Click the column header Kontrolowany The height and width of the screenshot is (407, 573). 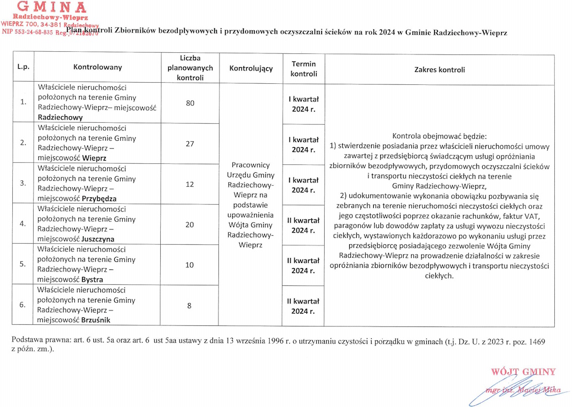coord(98,67)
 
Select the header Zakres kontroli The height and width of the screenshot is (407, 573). coord(439,69)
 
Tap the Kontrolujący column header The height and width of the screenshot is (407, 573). coord(250,68)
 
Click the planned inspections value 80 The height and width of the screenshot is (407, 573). coord(190,103)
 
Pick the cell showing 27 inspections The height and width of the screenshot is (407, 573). coord(190,144)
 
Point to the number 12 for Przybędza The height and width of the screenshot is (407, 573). coord(190,185)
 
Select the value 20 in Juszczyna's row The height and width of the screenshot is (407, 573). coord(190,225)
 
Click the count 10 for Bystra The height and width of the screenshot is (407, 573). coord(190,265)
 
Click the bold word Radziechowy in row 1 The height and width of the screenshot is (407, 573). coord(60,117)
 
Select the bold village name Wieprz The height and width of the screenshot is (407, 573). coord(94,158)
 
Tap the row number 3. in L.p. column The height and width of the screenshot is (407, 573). coord(23,183)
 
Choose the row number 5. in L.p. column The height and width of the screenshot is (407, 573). coord(23,265)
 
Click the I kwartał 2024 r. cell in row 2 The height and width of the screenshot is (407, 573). coord(303,145)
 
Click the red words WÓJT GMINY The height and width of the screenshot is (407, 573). coord(523,372)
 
